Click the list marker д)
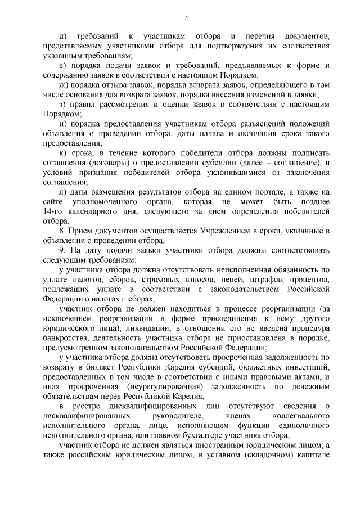coord(62,36)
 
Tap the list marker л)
coord(63,192)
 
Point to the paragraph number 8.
coord(61,231)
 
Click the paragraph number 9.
coord(61,251)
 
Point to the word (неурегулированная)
coord(159,388)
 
